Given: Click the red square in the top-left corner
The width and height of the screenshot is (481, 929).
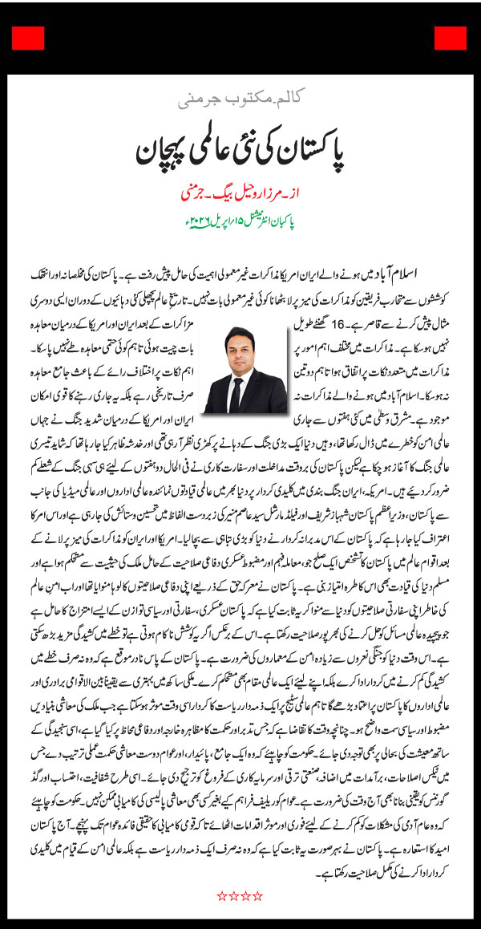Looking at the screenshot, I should [x=28, y=38].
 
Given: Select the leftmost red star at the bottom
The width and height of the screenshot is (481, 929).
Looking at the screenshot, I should [x=221, y=895].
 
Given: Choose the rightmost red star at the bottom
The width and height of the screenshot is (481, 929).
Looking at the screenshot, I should [x=258, y=895].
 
